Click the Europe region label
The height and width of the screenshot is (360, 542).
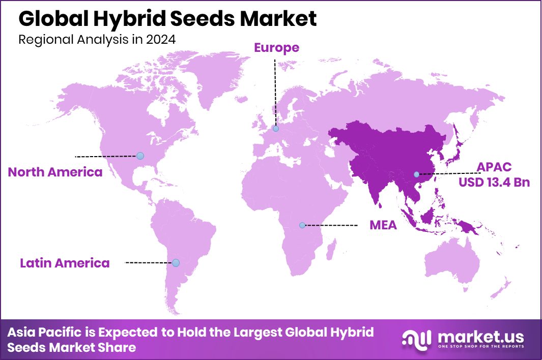pos(277,48)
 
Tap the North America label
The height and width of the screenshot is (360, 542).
pos(55,172)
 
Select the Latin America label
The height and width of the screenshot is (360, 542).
pos(65,263)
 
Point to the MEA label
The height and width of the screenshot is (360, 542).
pos(383,225)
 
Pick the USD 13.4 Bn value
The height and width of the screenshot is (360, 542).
pos(494,182)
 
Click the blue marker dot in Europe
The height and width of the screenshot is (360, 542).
pos(276,129)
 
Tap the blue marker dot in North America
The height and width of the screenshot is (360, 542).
pos(140,156)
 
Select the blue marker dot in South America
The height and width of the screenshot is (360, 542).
pos(176,263)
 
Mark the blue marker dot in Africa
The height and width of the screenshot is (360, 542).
pos(302,225)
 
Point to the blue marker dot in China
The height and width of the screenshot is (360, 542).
pos(416,174)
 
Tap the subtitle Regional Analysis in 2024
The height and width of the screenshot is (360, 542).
pos(97,40)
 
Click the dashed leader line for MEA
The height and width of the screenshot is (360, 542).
pos(331,225)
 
